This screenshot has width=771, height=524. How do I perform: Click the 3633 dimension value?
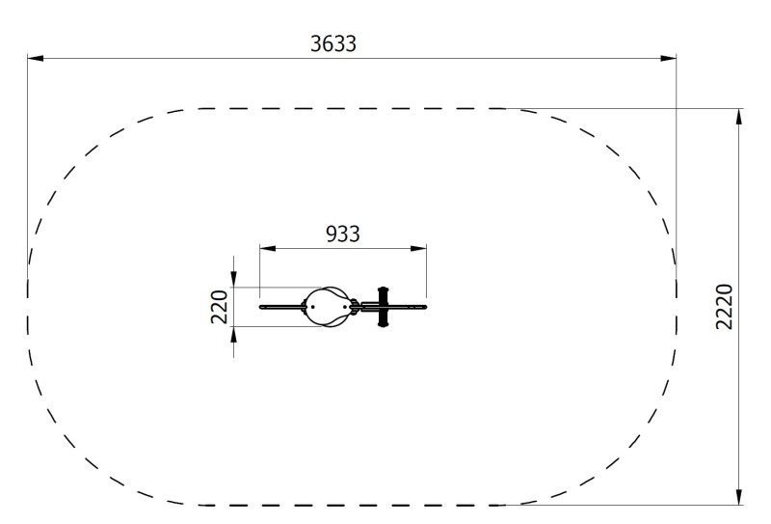[x=333, y=43]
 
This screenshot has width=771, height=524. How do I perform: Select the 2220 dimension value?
[x=725, y=306]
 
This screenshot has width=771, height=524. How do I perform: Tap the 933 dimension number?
[x=343, y=234]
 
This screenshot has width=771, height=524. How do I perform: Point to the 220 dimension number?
[x=220, y=307]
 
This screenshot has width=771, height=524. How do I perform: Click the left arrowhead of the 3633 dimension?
[x=35, y=58]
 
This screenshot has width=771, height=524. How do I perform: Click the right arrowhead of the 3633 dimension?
[x=669, y=58]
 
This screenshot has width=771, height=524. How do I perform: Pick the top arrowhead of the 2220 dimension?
[x=738, y=116]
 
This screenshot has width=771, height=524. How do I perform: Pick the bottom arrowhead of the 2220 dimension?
[x=738, y=497]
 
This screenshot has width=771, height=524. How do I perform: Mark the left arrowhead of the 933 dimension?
[x=268, y=248]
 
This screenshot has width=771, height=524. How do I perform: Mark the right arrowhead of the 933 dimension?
[x=418, y=248]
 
